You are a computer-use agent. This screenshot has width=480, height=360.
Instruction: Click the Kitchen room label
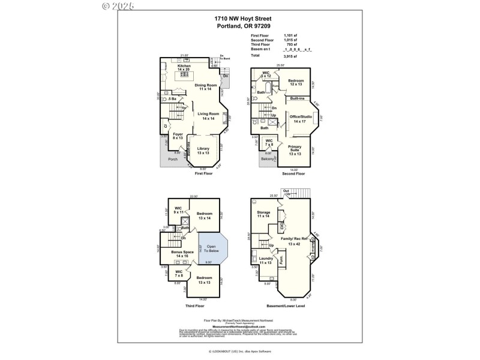click(x=184, y=68)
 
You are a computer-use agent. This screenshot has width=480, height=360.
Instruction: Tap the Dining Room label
click(x=206, y=87)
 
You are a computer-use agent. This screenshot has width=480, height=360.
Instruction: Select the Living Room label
click(x=208, y=117)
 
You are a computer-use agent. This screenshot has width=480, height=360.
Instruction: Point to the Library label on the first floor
click(x=203, y=149)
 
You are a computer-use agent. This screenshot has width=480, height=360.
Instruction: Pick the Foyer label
click(x=178, y=136)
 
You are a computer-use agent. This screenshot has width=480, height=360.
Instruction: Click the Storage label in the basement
click(x=263, y=214)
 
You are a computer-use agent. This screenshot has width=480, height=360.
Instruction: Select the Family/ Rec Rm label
click(x=294, y=241)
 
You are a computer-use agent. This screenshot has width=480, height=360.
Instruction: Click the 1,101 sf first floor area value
click(x=291, y=36)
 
